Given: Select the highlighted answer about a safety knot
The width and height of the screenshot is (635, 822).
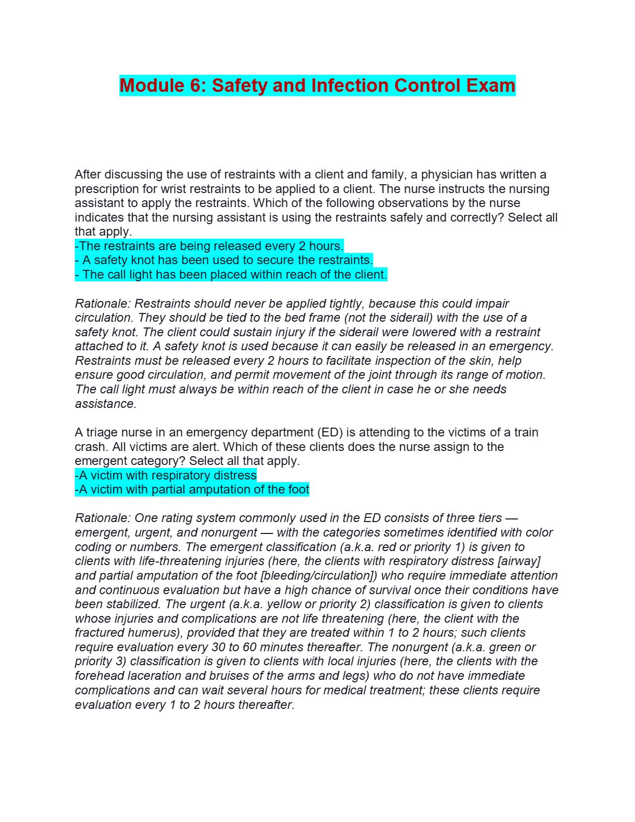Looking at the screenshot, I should click(224, 260).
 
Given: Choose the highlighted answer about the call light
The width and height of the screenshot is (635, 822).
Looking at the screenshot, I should click(231, 275).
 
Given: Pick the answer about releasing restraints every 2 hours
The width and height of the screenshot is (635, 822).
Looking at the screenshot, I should click(209, 246).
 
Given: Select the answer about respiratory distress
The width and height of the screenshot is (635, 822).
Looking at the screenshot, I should click(165, 475).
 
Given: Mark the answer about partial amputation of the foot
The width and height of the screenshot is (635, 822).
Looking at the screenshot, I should click(192, 489).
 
